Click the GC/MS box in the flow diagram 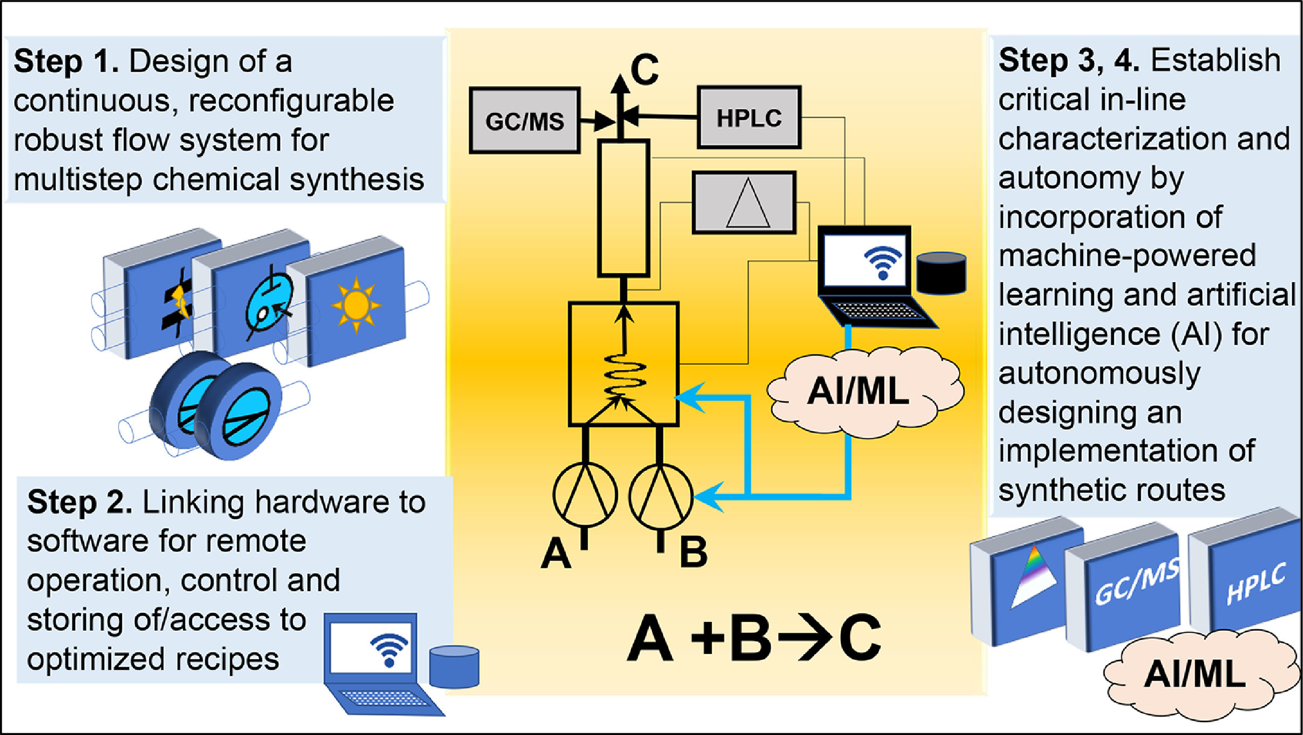click(x=525, y=120)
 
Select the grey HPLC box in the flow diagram click(x=749, y=117)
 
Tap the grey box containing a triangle click(x=744, y=203)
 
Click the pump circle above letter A click(x=585, y=495)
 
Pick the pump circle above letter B click(x=661, y=496)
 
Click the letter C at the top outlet click(x=644, y=69)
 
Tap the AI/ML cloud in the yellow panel click(x=864, y=391)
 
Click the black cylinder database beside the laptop click(x=941, y=273)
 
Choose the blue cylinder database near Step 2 click(x=454, y=667)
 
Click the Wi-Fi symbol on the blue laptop click(x=389, y=649)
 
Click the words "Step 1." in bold click(x=66, y=61)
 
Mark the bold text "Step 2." click(x=79, y=502)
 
